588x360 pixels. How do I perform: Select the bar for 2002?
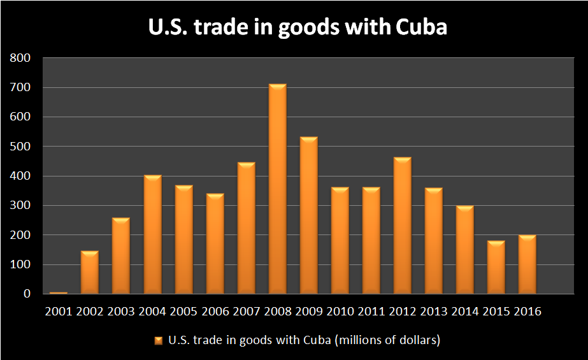[x=89, y=273]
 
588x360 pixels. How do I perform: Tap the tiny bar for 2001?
[x=58, y=292]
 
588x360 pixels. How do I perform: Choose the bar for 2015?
[x=496, y=268]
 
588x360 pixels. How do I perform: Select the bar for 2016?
[x=527, y=264]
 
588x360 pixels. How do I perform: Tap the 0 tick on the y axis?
[x=27, y=294]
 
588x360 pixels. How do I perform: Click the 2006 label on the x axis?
[x=215, y=312]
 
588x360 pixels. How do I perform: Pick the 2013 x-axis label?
[x=434, y=312]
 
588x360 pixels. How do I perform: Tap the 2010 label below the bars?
[x=340, y=312]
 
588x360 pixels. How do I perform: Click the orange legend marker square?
[x=158, y=341]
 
